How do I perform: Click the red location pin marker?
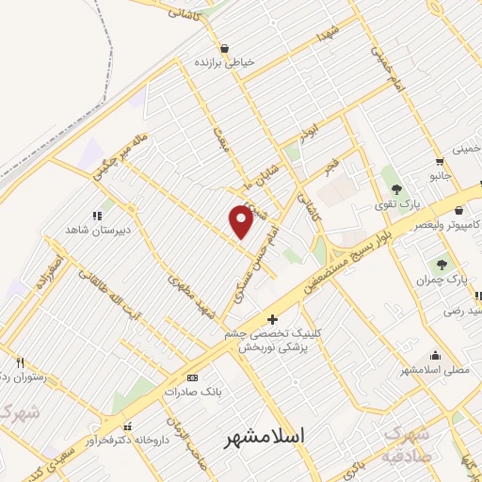[x=242, y=220]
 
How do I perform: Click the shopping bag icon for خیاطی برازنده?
[x=224, y=47]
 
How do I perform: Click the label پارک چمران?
[x=442, y=281]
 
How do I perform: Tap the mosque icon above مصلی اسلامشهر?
[x=435, y=356]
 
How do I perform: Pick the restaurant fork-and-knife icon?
[x=20, y=361]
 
